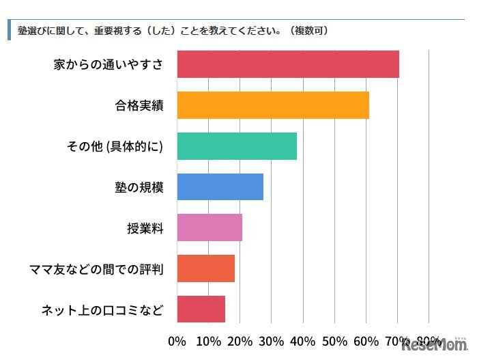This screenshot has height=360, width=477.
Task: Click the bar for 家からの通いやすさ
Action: pyautogui.click(x=287, y=64)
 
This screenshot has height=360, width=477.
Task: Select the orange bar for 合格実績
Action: pyautogui.click(x=272, y=105)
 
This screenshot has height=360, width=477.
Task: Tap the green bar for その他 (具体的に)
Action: pyautogui.click(x=236, y=146)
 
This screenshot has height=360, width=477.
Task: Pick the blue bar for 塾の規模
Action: pyautogui.click(x=220, y=186)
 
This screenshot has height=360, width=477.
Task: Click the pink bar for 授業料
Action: pyautogui.click(x=209, y=227)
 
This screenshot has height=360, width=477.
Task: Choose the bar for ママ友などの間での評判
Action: pyautogui.click(x=205, y=268)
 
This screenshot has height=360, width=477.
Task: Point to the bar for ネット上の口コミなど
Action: pyautogui.click(x=201, y=309)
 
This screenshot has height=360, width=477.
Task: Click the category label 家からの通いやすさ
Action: pyautogui.click(x=109, y=65)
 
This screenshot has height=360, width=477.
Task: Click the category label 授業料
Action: pyautogui.click(x=145, y=228)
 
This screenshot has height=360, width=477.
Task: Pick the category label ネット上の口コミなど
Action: pyautogui.click(x=102, y=309)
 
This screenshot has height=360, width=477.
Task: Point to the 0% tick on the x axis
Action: pyautogui.click(x=177, y=340)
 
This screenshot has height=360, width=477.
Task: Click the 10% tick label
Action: pyautogui.click(x=208, y=340)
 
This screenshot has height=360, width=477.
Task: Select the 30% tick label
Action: pyautogui.click(x=272, y=340)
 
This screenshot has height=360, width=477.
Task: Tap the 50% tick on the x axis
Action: pyautogui.click(x=334, y=340)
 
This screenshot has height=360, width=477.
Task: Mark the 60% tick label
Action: pyautogui.click(x=366, y=340)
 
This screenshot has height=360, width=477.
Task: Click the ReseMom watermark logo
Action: pyautogui.click(x=433, y=346)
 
